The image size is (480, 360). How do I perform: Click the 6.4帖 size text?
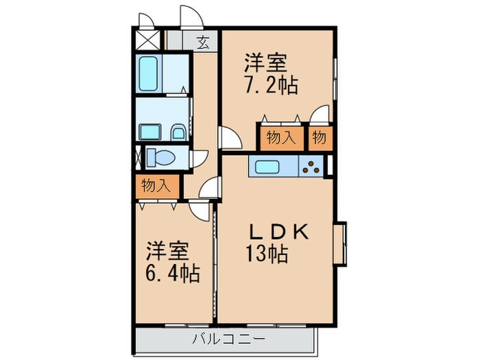172,274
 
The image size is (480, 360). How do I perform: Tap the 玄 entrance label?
204,41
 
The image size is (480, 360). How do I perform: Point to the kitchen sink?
264,166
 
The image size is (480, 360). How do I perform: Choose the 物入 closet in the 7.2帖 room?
280,136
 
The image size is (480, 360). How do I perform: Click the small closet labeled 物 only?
319,136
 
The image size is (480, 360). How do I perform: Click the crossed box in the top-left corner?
147,38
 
